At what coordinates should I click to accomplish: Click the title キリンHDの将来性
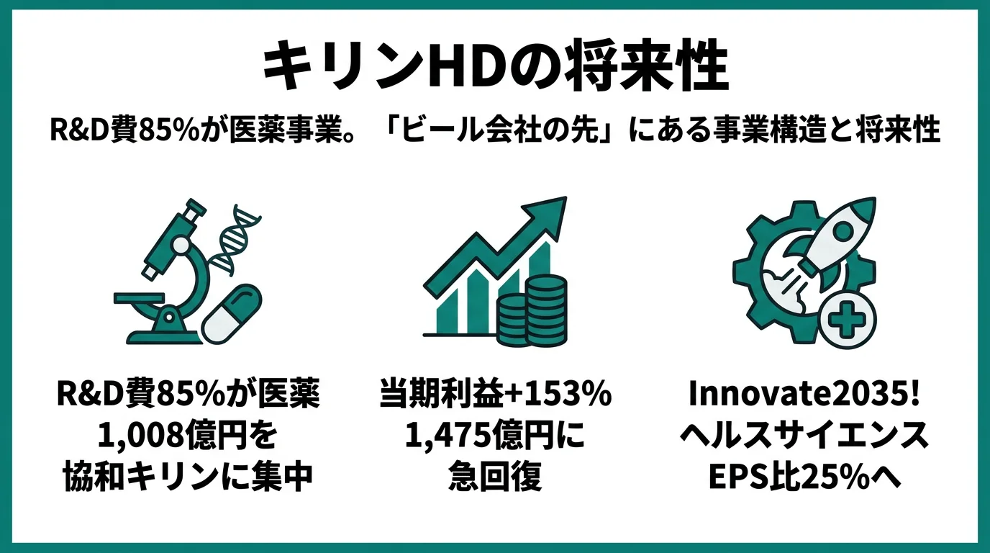[x=495, y=67]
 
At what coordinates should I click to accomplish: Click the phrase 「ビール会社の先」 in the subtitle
[x=498, y=131]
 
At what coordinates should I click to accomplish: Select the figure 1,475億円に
[x=495, y=436]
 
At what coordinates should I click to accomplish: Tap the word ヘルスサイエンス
[x=804, y=436]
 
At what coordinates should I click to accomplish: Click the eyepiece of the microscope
[x=194, y=213]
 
